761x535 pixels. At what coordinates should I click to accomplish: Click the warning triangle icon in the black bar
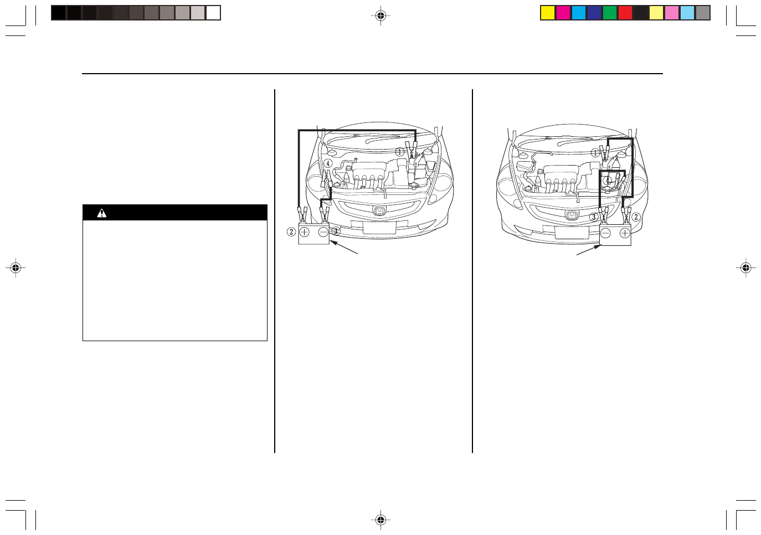pyautogui.click(x=101, y=213)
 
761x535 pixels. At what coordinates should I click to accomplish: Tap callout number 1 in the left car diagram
pyautogui.click(x=400, y=152)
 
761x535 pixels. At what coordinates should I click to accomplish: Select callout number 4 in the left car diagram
pyautogui.click(x=328, y=164)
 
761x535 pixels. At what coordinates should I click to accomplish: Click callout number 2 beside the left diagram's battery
pyautogui.click(x=291, y=232)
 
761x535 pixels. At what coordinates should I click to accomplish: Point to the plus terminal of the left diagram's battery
pyautogui.click(x=305, y=232)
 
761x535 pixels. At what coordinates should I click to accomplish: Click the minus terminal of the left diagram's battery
pyautogui.click(x=323, y=232)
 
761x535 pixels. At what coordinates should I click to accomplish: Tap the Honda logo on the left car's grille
pyautogui.click(x=378, y=210)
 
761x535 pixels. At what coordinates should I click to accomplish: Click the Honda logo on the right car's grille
pyautogui.click(x=572, y=215)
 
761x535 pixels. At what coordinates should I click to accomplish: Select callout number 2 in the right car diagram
pyautogui.click(x=636, y=217)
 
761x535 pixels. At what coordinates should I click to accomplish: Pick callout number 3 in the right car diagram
pyautogui.click(x=594, y=217)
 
